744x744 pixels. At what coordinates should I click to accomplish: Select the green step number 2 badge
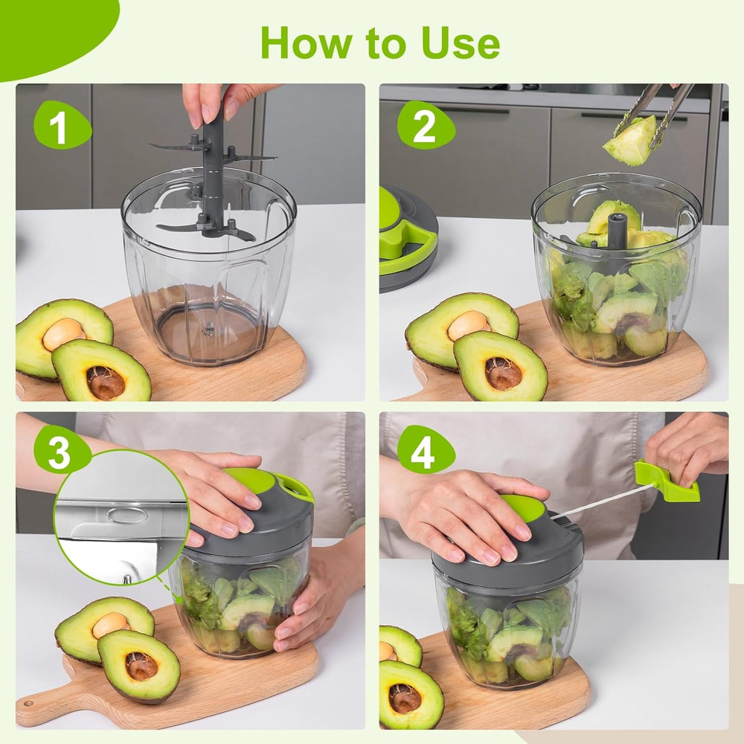point(424,126)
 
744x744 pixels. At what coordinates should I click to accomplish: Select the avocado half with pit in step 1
point(63,335)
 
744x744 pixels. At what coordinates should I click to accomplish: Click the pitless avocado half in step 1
point(101,372)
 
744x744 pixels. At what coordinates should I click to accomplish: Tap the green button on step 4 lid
point(523,508)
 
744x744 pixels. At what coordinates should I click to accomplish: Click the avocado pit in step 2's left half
point(469,325)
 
